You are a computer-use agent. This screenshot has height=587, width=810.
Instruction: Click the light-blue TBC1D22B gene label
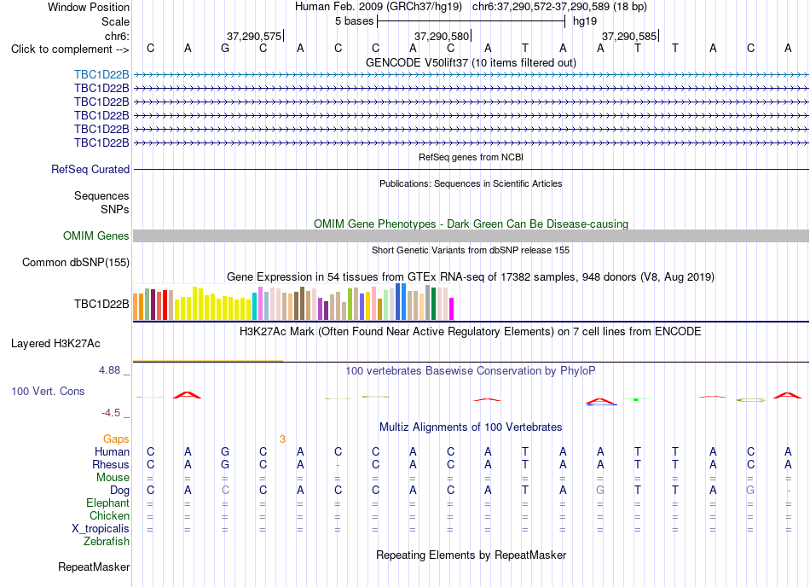coord(101,75)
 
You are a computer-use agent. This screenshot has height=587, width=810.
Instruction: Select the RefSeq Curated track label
coord(90,170)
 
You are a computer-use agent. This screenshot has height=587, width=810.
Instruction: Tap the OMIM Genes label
coord(96,236)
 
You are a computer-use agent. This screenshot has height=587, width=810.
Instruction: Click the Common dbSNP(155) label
coord(76,263)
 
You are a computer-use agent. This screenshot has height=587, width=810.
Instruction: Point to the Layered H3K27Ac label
coord(55,344)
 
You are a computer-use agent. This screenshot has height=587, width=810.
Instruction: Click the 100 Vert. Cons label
coord(48,391)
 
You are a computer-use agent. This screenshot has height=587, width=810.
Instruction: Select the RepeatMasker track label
coord(94,567)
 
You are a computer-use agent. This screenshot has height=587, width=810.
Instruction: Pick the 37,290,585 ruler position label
coord(629,36)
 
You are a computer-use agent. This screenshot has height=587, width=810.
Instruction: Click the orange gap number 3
coord(282,439)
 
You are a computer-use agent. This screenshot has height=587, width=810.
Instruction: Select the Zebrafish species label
coord(107,542)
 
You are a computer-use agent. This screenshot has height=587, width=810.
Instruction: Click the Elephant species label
coord(108,503)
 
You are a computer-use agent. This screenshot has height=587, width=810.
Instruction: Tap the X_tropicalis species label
coord(101,529)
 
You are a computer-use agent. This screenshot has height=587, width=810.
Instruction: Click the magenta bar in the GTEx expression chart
coord(452,309)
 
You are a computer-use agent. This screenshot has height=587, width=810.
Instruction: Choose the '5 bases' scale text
coord(355,21)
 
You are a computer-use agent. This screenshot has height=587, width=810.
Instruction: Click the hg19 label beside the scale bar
coord(585,21)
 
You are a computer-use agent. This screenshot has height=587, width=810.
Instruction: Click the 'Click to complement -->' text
coord(70,49)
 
